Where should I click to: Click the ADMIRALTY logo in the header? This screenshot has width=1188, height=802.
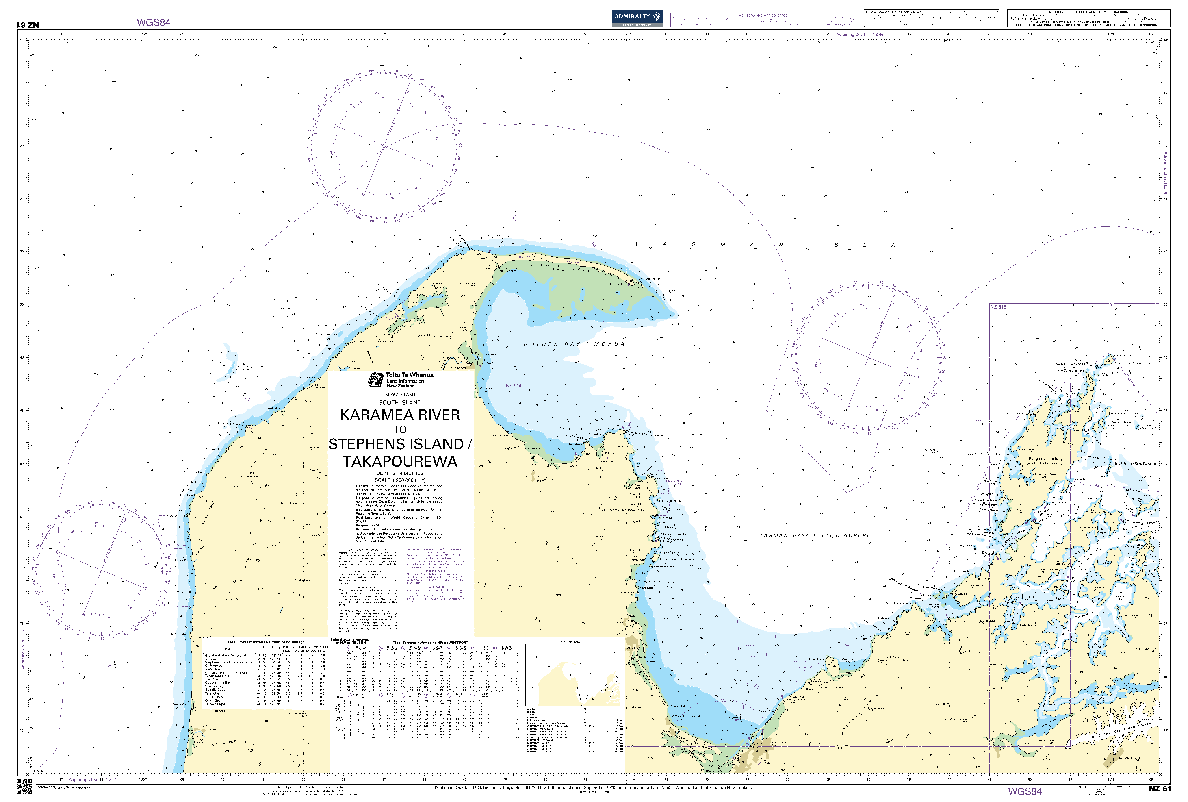637,18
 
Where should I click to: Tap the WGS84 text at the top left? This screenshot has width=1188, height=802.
153,22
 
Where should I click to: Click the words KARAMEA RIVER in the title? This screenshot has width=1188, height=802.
400,415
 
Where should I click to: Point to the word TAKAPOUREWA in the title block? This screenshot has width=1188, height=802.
400,461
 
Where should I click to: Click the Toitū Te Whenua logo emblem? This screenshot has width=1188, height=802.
376,380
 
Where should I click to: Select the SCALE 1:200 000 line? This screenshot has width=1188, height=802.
400,480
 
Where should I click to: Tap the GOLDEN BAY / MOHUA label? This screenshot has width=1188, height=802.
574,344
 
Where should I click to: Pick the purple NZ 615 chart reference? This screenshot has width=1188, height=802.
998,307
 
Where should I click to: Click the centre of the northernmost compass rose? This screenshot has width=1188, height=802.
384,146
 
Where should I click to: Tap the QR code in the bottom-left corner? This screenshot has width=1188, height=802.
24,787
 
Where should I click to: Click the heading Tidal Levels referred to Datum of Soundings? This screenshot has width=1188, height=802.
266,642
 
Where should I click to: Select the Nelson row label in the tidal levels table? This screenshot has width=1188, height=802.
210,659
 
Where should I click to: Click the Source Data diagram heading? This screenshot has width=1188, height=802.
570,642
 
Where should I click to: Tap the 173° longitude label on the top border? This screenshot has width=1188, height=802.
627,34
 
